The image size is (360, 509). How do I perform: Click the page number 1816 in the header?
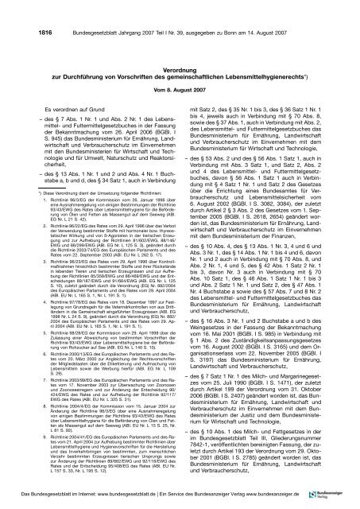click(x=22, y=8)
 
